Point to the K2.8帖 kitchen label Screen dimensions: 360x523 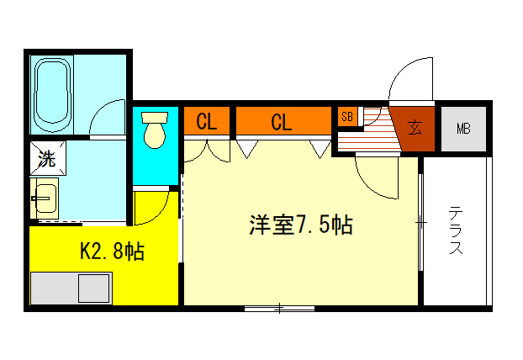pos(111,251)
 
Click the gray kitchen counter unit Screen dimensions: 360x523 pos(71,289)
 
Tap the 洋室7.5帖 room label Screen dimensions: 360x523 pos(299,225)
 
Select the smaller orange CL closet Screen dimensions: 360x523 pos(206,122)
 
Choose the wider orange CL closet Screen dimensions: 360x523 pos(282,122)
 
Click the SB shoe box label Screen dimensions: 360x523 pos(346,117)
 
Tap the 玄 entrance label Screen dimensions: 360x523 pos(415,128)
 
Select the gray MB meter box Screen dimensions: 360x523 pos(463,129)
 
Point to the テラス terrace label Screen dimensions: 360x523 pos(455,231)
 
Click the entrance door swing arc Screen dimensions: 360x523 pos(407,80)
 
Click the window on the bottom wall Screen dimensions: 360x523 pos(280,309)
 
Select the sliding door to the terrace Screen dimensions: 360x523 pos(420,223)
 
